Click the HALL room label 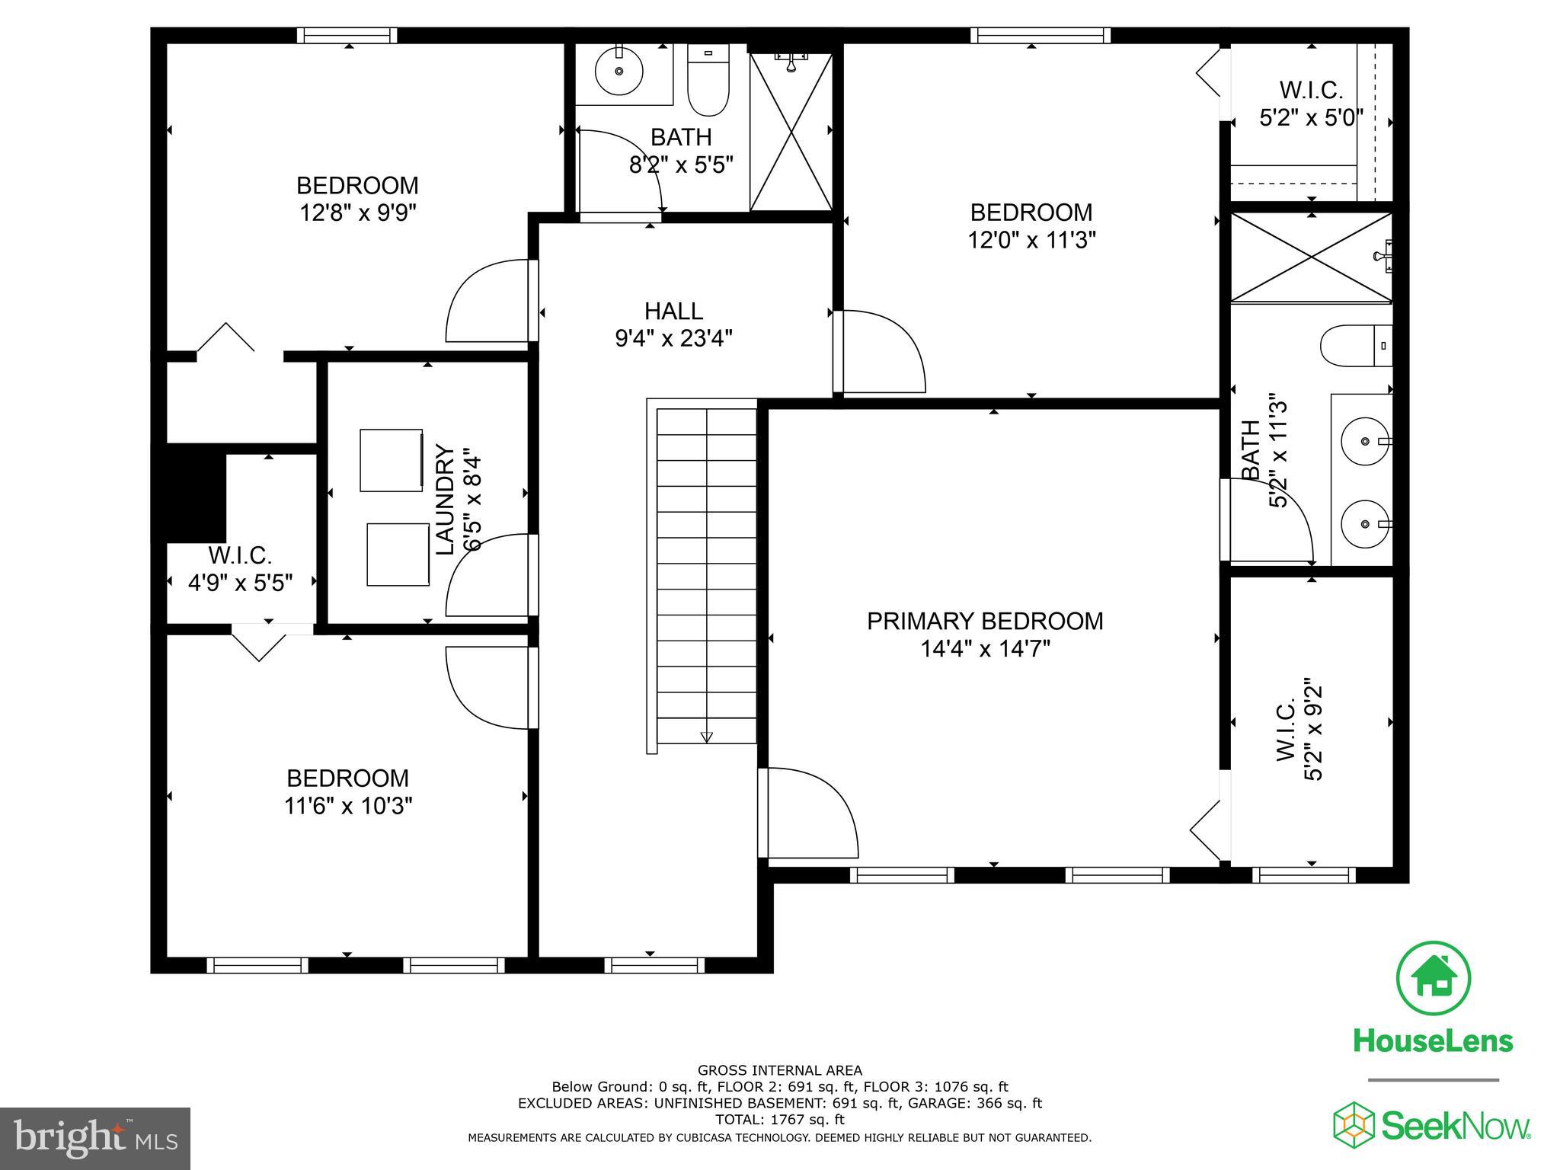click(673, 311)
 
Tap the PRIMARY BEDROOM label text click(985, 621)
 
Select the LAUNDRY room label click(445, 500)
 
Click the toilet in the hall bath click(708, 81)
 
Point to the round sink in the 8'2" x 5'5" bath click(619, 71)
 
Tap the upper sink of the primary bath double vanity click(1365, 441)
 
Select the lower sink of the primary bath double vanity click(1365, 524)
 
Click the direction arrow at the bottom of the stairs click(706, 737)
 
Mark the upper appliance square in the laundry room click(391, 460)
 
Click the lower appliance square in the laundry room click(398, 555)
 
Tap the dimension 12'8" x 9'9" click(358, 213)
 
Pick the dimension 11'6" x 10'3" click(348, 806)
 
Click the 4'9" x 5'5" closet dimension click(241, 583)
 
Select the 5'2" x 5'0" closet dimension click(1310, 118)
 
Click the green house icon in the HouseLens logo click(1433, 979)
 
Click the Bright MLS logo click(95, 1138)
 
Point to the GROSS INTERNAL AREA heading click(779, 1070)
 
